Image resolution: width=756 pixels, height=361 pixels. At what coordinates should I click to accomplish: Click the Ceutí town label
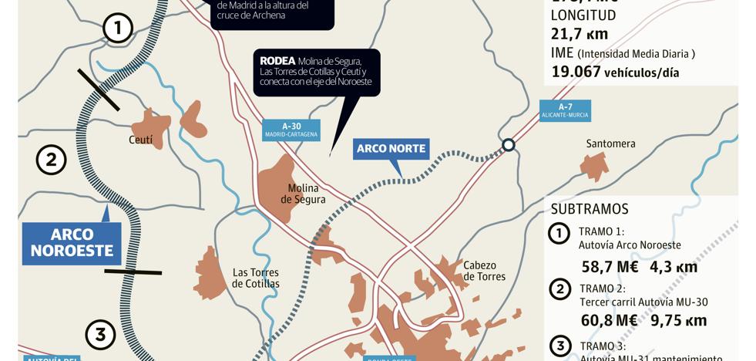click(x=141, y=140)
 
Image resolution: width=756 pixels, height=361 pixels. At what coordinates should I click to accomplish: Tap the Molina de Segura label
click(x=303, y=194)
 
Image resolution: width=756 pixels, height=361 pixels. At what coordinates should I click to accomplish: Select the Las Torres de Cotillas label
click(x=256, y=278)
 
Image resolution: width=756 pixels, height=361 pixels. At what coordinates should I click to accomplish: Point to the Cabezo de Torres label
click(x=485, y=271)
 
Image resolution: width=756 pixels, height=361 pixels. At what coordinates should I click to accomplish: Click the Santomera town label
click(x=610, y=143)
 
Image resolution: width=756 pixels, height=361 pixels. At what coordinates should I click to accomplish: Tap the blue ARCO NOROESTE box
click(x=72, y=243)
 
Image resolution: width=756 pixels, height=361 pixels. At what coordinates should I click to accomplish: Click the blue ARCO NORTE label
click(x=391, y=149)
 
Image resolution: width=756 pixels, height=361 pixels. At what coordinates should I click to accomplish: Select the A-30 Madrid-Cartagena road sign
click(x=291, y=130)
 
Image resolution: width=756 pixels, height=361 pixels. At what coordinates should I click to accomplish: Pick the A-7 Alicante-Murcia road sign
click(x=565, y=110)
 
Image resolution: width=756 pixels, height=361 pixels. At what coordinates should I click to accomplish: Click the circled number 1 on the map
click(x=117, y=29)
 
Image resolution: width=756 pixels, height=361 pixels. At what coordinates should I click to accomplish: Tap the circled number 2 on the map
click(x=51, y=160)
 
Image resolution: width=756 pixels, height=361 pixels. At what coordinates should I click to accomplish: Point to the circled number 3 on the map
click(x=100, y=335)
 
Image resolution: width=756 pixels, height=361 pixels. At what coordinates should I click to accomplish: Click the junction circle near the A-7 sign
click(x=509, y=145)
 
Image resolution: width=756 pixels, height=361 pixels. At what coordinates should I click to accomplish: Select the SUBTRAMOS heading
click(x=590, y=209)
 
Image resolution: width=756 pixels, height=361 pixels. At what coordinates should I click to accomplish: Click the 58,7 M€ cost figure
click(x=609, y=267)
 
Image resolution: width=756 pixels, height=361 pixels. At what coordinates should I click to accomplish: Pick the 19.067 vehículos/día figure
click(x=615, y=73)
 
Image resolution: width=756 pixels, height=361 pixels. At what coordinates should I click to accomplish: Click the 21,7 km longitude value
click(x=580, y=33)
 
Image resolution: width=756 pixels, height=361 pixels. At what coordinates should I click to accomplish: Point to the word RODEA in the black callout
click(x=277, y=60)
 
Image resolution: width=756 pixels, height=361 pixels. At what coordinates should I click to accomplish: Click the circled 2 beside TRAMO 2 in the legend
click(x=559, y=288)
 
